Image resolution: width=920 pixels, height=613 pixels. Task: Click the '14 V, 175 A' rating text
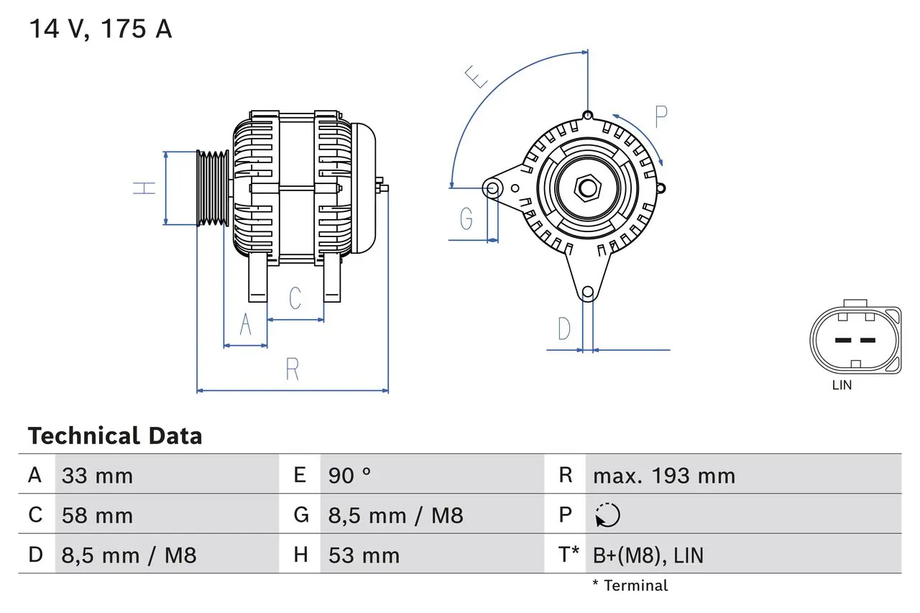100,29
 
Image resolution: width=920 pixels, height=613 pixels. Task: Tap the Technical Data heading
115,436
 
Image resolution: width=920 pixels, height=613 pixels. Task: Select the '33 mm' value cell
97,476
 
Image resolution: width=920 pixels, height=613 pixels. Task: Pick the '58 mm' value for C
97,516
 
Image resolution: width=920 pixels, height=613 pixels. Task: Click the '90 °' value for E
349,476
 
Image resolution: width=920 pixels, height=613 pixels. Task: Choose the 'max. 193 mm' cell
663,476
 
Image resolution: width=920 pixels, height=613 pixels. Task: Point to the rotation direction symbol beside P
607,515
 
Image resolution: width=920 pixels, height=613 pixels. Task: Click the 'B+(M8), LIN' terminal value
648,555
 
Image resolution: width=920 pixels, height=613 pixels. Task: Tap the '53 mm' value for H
364,555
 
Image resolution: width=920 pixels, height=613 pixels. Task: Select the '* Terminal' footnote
630,586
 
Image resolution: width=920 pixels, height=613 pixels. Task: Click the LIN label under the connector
842,385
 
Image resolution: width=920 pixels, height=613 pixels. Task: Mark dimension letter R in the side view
292,369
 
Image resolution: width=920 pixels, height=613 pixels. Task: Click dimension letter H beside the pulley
144,188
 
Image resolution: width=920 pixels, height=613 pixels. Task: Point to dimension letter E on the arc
476,76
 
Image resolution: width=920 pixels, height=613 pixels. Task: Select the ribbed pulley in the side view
213,188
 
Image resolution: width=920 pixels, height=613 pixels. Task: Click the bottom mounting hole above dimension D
588,292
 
